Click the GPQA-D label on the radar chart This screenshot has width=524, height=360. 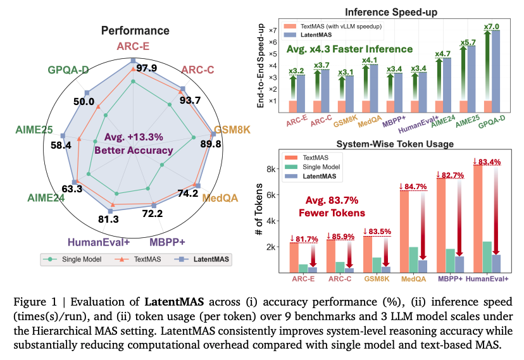68,70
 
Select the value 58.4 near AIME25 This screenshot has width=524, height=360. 43,146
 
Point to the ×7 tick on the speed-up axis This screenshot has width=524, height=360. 274,30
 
